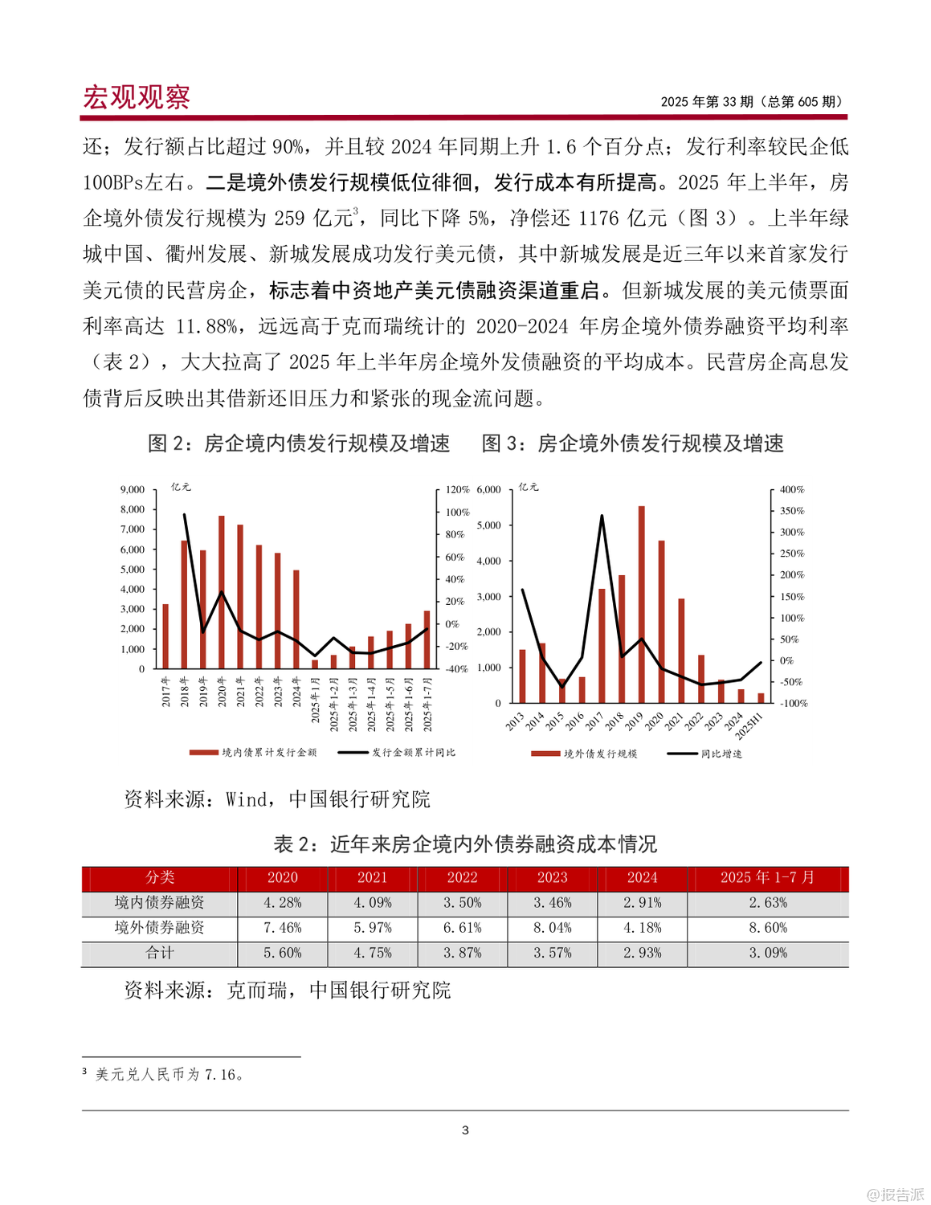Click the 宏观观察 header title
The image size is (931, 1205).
[x=137, y=97]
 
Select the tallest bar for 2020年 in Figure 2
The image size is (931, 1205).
[x=222, y=592]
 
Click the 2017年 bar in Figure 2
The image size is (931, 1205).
[x=165, y=636]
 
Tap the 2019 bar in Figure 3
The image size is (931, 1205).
[x=641, y=604]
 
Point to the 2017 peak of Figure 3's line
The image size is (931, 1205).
[x=602, y=517]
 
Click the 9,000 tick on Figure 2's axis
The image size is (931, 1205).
[x=133, y=489]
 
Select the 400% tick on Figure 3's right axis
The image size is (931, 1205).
[x=791, y=489]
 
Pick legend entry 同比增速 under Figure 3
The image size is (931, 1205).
[x=721, y=754]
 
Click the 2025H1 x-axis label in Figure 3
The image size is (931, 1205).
[x=749, y=724]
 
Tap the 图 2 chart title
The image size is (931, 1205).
[x=299, y=443]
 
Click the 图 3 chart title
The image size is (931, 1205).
[x=632, y=443]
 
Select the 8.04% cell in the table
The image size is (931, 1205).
[x=553, y=928]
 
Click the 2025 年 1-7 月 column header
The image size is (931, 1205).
[x=767, y=878]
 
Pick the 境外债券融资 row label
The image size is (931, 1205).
[x=159, y=928]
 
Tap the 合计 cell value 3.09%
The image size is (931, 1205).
[x=767, y=954]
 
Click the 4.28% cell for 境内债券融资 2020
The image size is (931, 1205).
[x=283, y=903]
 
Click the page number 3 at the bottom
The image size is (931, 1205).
[x=465, y=1130]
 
